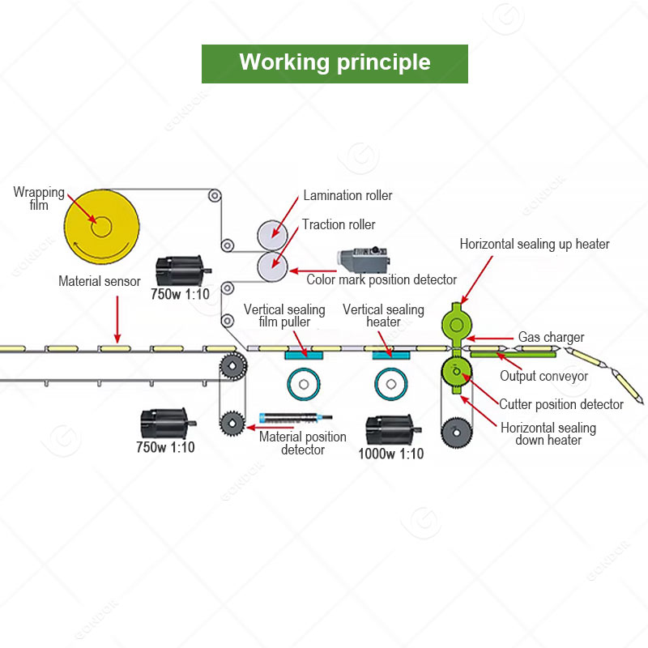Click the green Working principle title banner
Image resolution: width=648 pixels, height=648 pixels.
click(x=335, y=63)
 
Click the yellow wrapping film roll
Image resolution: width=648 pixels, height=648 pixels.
click(x=102, y=226)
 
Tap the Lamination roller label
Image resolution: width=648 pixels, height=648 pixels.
click(x=347, y=195)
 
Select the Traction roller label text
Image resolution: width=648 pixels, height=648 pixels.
click(x=339, y=224)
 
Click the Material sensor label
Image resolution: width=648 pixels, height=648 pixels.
click(x=100, y=282)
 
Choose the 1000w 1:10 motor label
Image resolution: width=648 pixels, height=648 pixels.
click(x=390, y=454)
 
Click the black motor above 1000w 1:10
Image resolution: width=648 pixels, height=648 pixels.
click(x=390, y=428)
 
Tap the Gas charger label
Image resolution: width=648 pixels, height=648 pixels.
click(x=551, y=336)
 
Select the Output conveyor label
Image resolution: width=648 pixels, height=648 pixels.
click(x=544, y=376)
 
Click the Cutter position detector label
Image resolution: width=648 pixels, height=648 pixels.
click(x=561, y=404)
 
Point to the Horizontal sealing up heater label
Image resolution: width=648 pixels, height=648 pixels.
click(x=535, y=243)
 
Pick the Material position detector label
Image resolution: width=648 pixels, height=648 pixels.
click(x=302, y=442)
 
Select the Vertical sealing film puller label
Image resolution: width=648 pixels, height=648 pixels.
click(x=284, y=316)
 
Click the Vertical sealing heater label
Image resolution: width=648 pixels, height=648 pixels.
click(x=383, y=316)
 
